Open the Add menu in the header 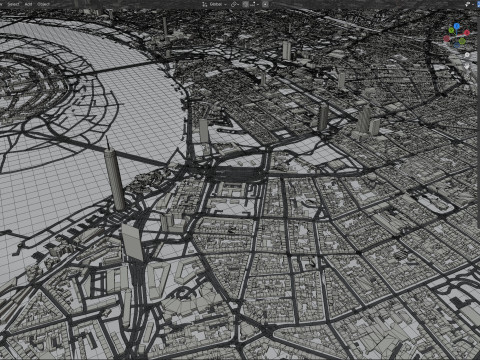click(30, 4)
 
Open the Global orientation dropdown click(213, 4)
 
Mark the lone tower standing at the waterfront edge click(204, 131)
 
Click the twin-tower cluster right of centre click(365, 121)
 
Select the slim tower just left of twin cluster click(323, 118)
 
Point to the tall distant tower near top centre click(286, 50)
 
